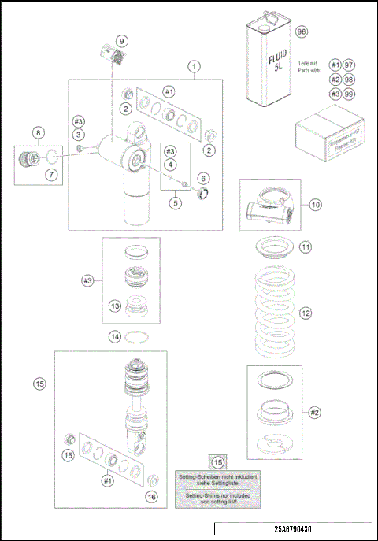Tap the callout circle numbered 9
click(121, 41)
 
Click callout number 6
click(203, 179)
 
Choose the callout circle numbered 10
click(315, 205)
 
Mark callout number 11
click(305, 246)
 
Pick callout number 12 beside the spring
click(306, 313)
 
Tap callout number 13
click(115, 306)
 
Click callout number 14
click(115, 336)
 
